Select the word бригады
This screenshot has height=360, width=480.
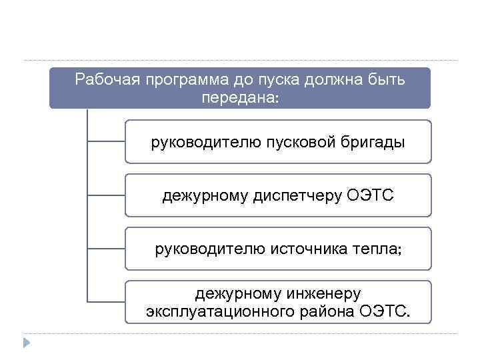[x=376, y=142]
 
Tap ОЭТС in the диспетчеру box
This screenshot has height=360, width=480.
[x=371, y=196]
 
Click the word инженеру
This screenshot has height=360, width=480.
[x=323, y=294]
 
